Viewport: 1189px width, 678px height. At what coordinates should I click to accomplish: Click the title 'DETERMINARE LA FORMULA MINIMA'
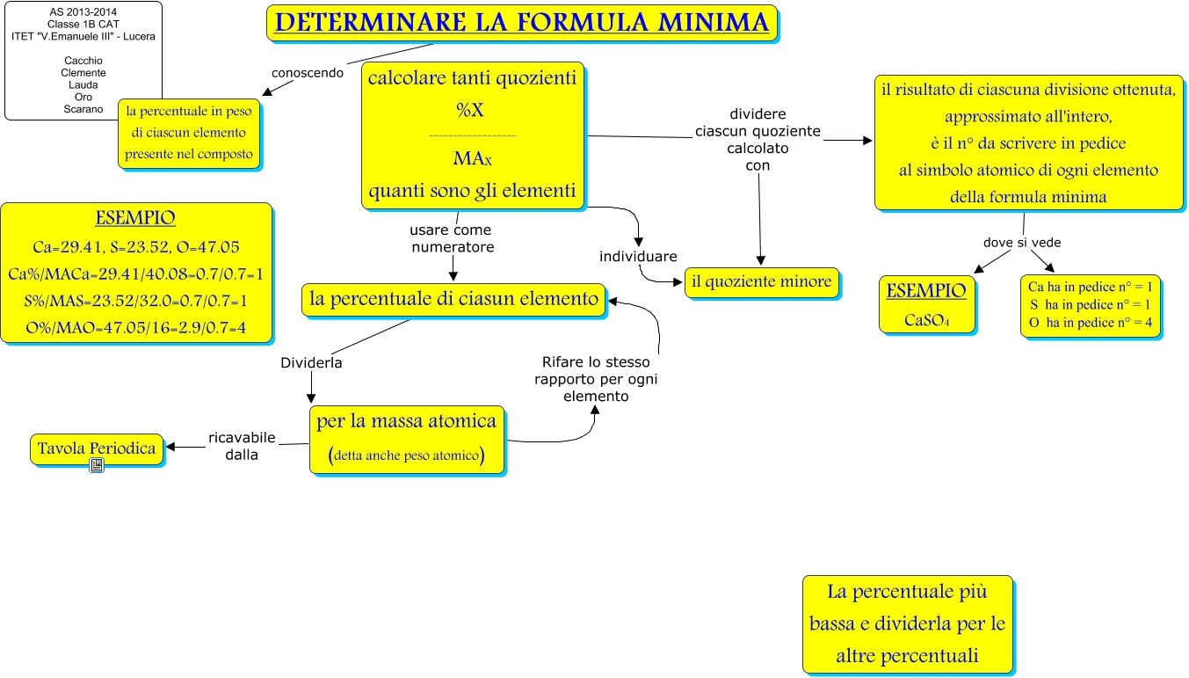[x=522, y=23]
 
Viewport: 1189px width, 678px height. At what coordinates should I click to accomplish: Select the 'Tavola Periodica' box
[x=97, y=448]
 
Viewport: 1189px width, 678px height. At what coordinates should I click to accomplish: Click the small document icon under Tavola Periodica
[x=97, y=466]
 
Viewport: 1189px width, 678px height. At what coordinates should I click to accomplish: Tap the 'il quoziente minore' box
[x=761, y=282]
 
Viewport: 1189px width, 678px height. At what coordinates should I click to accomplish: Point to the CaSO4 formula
[x=926, y=320]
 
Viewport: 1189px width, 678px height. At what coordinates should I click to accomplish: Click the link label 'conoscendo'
[x=307, y=73]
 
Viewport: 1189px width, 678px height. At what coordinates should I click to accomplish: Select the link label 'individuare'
[x=638, y=257]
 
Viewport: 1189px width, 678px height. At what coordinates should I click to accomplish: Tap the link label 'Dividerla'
[x=311, y=362]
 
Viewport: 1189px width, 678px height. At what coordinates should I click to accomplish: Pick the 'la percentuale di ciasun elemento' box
[x=453, y=299]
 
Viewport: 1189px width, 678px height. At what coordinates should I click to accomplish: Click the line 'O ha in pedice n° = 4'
[x=1090, y=323]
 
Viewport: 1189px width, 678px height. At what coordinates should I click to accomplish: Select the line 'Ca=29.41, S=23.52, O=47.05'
[x=135, y=246]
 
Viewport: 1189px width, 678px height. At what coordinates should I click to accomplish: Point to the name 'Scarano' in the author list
[x=83, y=109]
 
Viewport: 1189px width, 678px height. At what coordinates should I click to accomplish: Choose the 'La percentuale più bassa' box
[x=907, y=623]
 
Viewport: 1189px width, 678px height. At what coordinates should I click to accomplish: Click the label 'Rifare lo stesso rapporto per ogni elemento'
[x=597, y=379]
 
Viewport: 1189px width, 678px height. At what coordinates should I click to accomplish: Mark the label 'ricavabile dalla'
[x=242, y=446]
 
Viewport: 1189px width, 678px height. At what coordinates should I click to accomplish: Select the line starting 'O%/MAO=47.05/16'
[x=135, y=328]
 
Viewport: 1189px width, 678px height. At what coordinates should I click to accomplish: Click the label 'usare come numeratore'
[x=452, y=238]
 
